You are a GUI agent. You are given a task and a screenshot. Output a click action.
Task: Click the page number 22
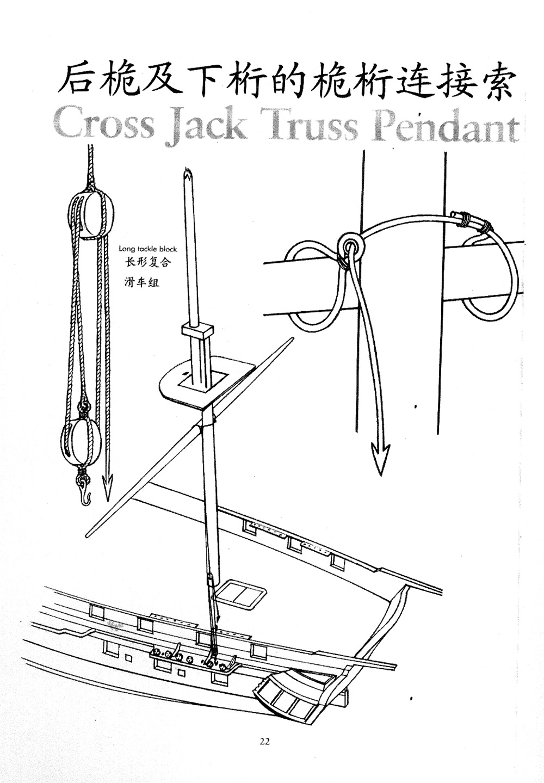[x=265, y=741]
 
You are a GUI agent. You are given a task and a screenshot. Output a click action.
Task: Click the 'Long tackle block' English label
[x=148, y=249]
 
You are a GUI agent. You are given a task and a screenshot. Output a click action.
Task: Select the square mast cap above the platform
[x=196, y=331]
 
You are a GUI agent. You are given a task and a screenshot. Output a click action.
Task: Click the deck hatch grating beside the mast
[x=240, y=594]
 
